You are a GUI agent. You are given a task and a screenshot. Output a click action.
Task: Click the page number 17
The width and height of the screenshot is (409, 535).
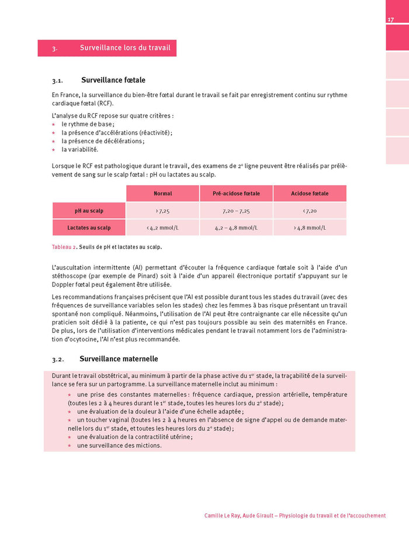tap(390, 20)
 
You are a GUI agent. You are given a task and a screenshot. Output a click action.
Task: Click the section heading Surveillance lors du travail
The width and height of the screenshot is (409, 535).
tap(125, 48)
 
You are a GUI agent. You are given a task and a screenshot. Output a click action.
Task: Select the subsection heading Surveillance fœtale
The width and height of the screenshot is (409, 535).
tap(113, 80)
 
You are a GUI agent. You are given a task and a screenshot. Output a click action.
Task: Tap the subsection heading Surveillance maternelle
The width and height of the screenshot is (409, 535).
tap(120, 358)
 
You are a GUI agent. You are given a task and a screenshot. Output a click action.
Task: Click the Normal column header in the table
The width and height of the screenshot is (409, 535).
tap(162, 194)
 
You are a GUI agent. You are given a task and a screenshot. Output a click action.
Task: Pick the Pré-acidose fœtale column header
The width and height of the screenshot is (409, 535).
tap(236, 194)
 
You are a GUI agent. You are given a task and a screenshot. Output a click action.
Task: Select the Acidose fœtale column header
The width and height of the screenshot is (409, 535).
tap(310, 194)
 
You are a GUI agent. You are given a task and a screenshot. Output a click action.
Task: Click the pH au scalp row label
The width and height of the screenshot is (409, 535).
tap(89, 210)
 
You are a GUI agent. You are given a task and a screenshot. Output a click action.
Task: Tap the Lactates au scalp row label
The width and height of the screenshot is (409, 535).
tap(89, 227)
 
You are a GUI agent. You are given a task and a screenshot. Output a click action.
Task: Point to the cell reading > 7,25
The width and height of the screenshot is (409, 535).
tap(162, 210)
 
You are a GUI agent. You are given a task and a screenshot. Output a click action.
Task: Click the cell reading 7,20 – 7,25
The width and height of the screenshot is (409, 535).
tap(236, 210)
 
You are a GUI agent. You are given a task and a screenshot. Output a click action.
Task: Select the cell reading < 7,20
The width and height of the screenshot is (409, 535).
tap(310, 210)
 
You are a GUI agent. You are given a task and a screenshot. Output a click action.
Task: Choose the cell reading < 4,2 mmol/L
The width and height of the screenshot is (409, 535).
tap(162, 227)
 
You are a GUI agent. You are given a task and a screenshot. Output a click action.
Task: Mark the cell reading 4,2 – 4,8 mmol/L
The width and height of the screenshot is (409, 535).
tap(236, 227)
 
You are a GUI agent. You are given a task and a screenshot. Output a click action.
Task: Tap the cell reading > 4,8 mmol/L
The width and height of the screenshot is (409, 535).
tap(310, 227)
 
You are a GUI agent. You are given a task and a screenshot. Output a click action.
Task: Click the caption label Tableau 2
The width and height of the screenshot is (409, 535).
tap(64, 247)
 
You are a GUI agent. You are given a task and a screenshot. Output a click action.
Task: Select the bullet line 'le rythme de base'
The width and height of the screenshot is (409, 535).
tap(88, 124)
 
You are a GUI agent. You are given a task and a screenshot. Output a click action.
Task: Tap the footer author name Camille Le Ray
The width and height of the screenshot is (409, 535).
tap(226, 516)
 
